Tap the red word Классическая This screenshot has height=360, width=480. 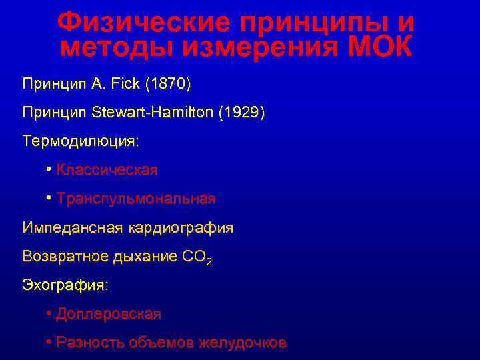(107, 170)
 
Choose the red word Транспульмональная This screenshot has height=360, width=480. (136, 199)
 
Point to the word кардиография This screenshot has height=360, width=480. (180, 228)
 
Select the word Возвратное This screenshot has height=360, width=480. (67, 256)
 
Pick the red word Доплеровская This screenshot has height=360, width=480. (108, 313)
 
